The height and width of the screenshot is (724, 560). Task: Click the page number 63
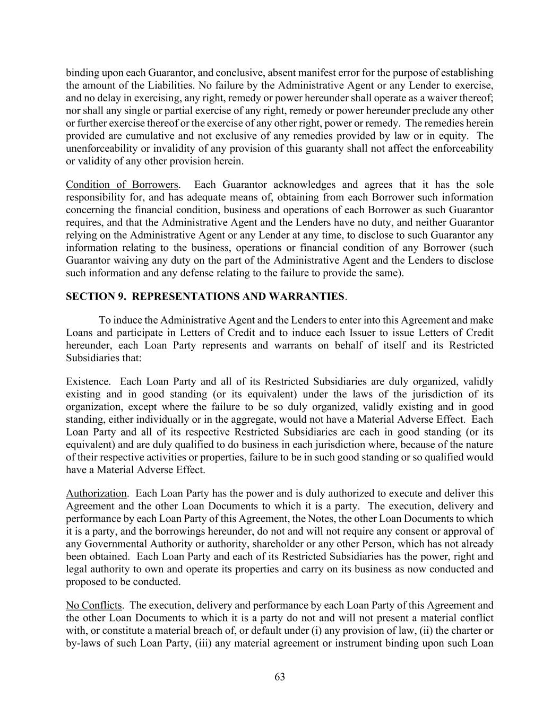point(280,677)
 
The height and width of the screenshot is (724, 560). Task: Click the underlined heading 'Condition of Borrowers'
point(122,185)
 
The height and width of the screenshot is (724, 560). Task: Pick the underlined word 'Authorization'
point(96,493)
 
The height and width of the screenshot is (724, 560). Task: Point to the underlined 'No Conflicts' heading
point(93,605)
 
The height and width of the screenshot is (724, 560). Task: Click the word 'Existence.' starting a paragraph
point(88,381)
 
